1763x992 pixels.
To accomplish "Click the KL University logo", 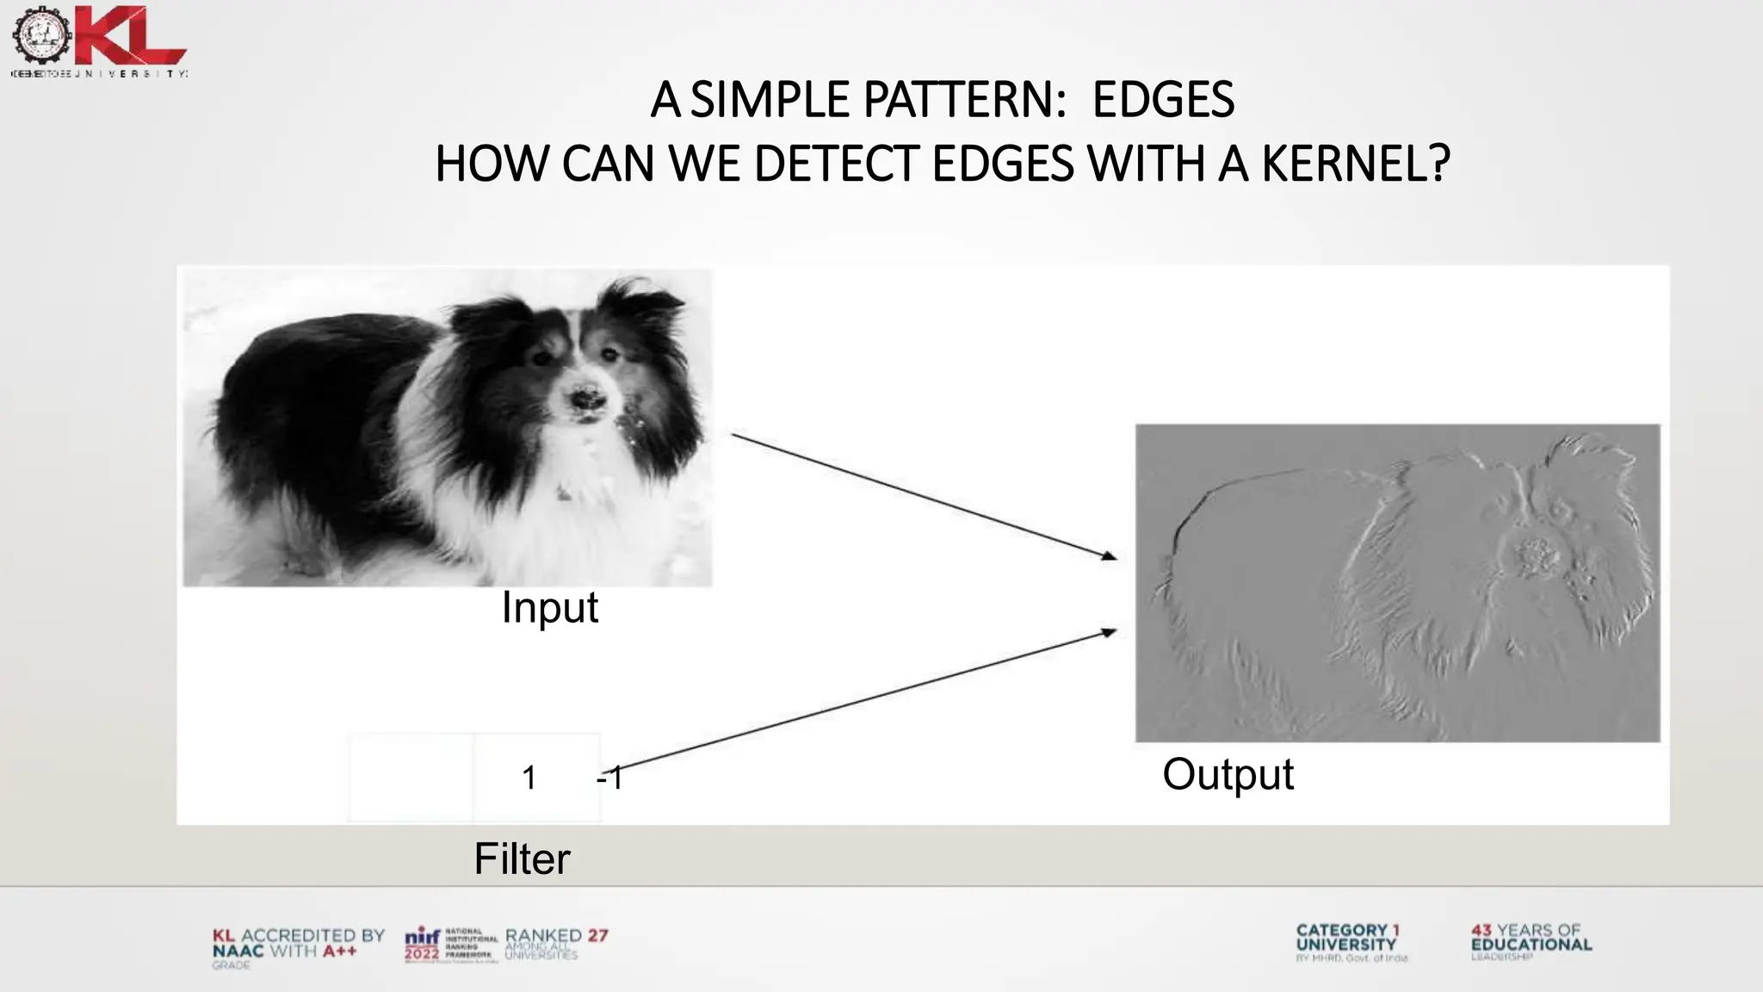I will [x=99, y=40].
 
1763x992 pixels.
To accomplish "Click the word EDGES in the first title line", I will [x=1163, y=100].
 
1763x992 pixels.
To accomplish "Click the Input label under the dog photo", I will [x=549, y=608].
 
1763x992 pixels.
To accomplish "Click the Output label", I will [x=1228, y=774].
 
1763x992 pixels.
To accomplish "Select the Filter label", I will [x=522, y=859].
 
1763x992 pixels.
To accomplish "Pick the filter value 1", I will [x=529, y=778].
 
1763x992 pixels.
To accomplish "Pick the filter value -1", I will [x=609, y=778].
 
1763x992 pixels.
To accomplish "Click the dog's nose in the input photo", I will [x=588, y=400].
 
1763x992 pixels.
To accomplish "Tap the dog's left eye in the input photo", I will [x=543, y=358].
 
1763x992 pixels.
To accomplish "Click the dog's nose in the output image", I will [x=1534, y=557].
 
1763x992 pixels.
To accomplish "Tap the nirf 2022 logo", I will [x=423, y=945].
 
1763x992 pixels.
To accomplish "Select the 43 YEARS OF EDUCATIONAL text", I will [x=1531, y=939].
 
